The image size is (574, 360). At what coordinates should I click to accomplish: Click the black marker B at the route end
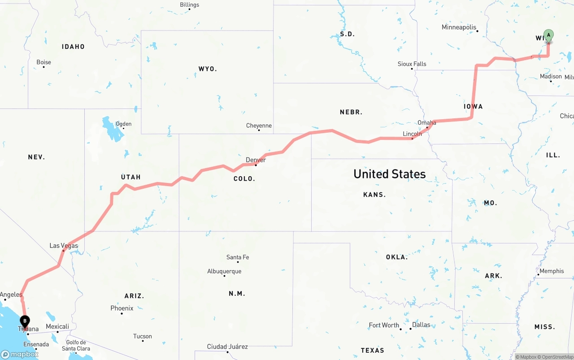[25, 321]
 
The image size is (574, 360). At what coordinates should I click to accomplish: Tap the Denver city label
[256, 160]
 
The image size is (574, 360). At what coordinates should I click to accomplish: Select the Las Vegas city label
[64, 246]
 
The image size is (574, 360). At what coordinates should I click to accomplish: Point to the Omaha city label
[426, 123]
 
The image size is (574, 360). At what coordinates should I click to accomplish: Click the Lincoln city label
[412, 134]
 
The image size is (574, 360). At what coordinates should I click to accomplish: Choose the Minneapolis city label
[459, 27]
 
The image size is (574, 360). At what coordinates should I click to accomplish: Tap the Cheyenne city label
[259, 126]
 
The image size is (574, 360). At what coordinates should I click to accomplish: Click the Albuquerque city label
[224, 271]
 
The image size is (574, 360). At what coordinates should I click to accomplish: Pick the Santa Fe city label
[238, 257]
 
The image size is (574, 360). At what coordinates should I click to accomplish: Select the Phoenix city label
[122, 308]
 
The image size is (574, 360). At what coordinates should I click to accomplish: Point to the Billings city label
[189, 5]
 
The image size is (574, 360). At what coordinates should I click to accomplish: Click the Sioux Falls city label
[412, 64]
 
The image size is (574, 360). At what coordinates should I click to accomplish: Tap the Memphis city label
[552, 271]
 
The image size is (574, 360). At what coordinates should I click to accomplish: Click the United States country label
[389, 174]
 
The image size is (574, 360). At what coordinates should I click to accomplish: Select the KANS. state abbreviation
[374, 195]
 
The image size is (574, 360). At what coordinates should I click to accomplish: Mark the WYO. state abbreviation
[208, 69]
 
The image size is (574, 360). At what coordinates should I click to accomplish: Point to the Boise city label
[44, 62]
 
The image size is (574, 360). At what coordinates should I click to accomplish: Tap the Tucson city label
[143, 336]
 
